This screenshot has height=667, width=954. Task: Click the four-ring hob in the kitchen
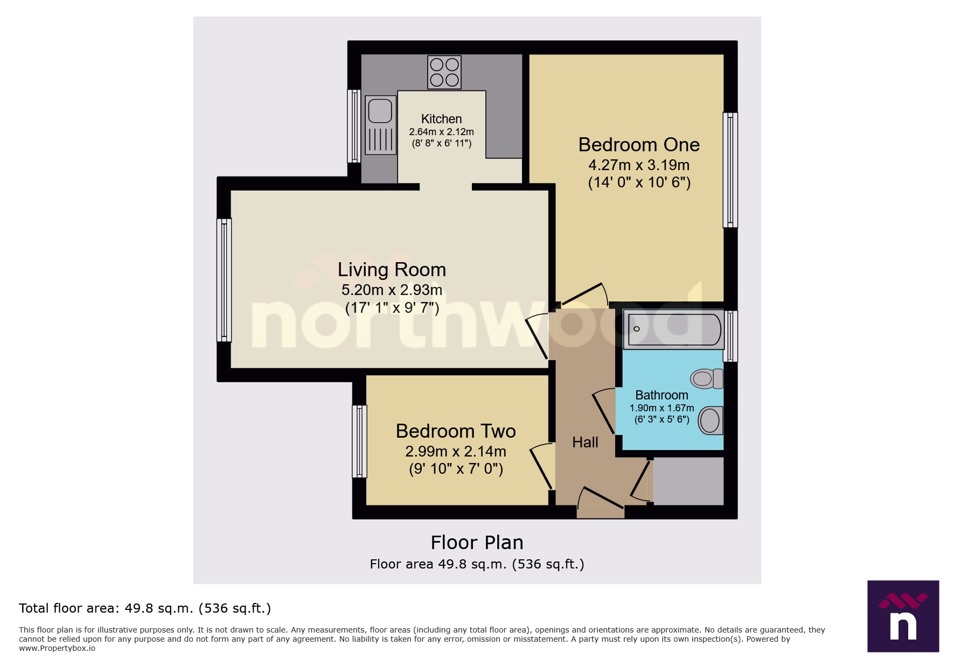[444, 72]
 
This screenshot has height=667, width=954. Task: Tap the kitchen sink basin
[380, 110]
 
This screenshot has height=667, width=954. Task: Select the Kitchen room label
[441, 119]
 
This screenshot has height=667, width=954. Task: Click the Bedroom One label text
[639, 145]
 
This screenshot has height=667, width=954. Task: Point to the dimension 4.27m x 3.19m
[639, 165]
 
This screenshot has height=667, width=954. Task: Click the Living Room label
[392, 270]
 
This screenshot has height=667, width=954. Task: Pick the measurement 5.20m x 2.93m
[392, 290]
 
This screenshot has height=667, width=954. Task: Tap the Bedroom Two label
[456, 431]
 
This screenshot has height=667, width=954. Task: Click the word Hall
[585, 443]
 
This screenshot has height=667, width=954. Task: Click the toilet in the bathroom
[707, 378]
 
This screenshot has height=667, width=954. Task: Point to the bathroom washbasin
[711, 420]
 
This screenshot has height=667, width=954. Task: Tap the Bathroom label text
[661, 395]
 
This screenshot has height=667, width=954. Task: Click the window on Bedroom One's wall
[730, 170]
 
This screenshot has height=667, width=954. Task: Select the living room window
[224, 280]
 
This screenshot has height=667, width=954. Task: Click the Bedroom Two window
[359, 441]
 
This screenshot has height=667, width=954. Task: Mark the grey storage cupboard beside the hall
[688, 481]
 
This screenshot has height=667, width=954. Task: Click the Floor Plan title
[477, 543]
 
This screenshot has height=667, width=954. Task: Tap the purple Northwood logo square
[903, 616]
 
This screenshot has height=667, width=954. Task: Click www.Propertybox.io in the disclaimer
[57, 648]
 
